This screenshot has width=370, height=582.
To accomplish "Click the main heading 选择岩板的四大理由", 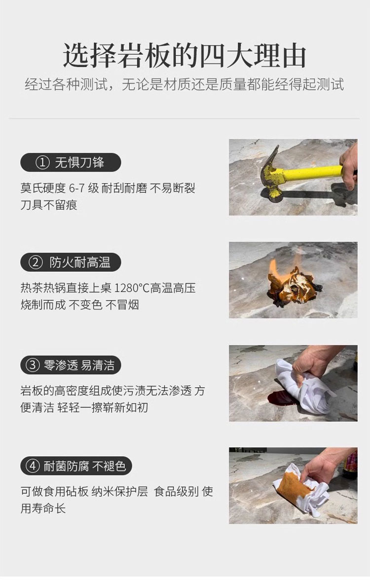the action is (185, 56).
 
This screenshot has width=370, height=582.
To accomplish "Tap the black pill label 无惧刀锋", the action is (71, 162).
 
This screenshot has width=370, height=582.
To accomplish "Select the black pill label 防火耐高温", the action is (71, 262).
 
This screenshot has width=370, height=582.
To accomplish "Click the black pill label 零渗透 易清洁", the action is (71, 365).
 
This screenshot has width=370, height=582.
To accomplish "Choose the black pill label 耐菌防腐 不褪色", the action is (76, 466).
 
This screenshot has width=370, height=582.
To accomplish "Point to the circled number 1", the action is (42, 162).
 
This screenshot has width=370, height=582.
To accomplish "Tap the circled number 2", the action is (36, 263).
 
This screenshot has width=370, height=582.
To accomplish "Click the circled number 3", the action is (32, 365).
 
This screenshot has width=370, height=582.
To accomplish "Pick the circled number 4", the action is (32, 466).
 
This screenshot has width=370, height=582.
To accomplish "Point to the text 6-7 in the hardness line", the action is (77, 188).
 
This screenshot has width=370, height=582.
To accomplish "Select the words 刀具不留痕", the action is (49, 205).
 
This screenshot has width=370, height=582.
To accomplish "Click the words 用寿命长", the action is (43, 508).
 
